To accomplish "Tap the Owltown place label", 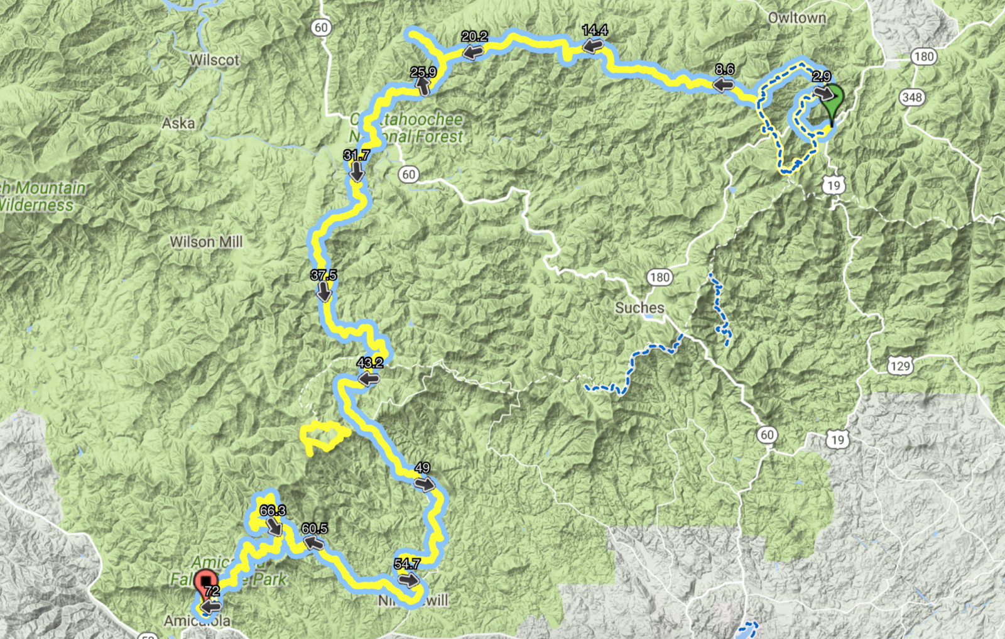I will coord(797,18).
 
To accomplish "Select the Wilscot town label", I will coord(214,60).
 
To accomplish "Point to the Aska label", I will coord(178,123).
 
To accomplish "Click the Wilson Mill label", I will coord(206,242).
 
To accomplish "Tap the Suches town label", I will coord(639,308).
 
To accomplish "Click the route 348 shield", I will coord(911,97).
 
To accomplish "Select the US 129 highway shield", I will coord(899,366).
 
